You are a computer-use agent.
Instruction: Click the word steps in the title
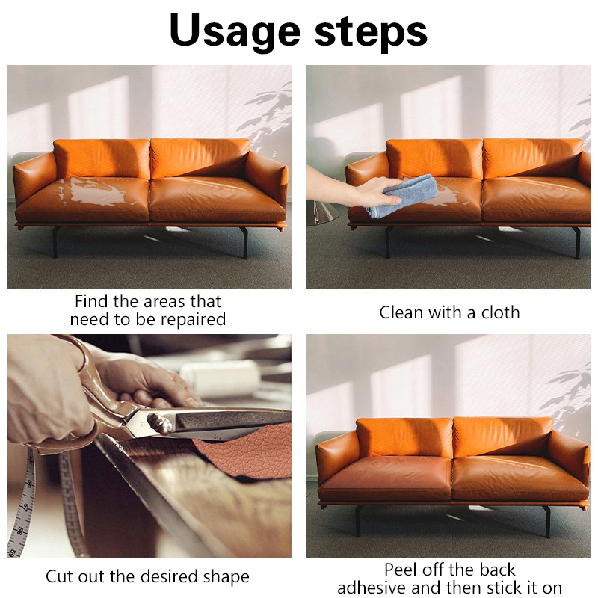coord(371,31)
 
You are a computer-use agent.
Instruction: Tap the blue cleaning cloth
coord(403,196)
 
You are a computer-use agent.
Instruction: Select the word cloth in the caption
coord(500,312)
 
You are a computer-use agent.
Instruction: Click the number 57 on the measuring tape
coord(26,508)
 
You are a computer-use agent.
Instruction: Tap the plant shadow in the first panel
coord(268,114)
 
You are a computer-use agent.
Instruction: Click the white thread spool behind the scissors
coord(221,378)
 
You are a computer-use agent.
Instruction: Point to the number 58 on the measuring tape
coord(21,531)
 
